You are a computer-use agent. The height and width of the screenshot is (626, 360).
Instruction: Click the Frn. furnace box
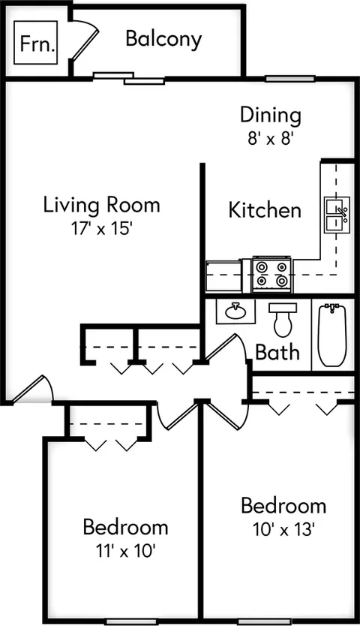pos(36,43)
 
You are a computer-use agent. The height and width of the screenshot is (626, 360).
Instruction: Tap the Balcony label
pos(163,40)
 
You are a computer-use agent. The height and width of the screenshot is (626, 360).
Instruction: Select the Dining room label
pos(271,116)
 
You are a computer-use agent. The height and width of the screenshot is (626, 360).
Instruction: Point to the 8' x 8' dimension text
pos(271,139)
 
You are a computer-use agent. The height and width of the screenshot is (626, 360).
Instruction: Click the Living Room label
pos(101,205)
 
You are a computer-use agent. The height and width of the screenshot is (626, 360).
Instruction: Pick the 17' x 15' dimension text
pos(101,228)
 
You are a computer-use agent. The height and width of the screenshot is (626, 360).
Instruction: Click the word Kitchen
pos(265,210)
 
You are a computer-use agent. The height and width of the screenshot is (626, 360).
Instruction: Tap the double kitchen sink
pos(337,215)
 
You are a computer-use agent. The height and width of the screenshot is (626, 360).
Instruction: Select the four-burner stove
pos(271,274)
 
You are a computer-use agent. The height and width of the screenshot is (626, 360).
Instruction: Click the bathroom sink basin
pos(235,311)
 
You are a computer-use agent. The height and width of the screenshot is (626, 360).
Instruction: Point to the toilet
pos(283,320)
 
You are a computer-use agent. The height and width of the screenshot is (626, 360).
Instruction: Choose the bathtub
pos(332,335)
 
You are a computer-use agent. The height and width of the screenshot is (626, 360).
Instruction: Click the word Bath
pos(277,352)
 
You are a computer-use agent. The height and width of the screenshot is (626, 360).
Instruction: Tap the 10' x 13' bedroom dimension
pos(283,530)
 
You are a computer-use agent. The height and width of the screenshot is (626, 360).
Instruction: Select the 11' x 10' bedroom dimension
pos(125,552)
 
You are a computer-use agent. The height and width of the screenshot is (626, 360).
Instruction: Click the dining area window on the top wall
pos(290,79)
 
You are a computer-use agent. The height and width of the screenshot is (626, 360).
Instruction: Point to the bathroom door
pos(226,348)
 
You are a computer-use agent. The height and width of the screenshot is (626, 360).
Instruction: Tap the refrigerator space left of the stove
pos(224,275)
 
